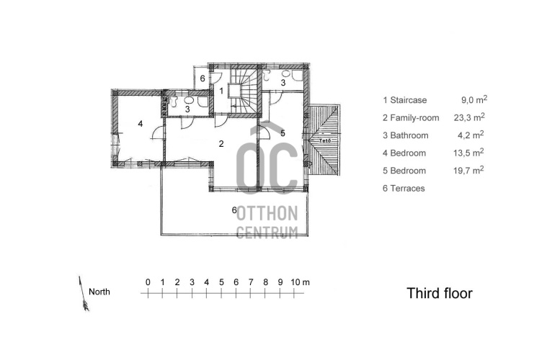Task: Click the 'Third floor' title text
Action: pyautogui.click(x=440, y=293)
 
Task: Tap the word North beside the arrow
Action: pyautogui.click(x=99, y=292)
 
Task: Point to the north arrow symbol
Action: pyautogui.click(x=84, y=294)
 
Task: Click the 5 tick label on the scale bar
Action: pyautogui.click(x=221, y=282)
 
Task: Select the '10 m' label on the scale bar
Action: pyautogui.click(x=300, y=282)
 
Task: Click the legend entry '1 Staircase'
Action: pyautogui.click(x=404, y=100)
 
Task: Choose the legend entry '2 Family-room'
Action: pyautogui.click(x=411, y=118)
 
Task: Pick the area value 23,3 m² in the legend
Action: pyautogui.click(x=469, y=117)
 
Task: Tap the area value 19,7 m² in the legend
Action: pyautogui.click(x=468, y=170)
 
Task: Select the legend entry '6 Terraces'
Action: pyautogui.click(x=404, y=188)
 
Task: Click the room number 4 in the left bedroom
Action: pyautogui.click(x=141, y=124)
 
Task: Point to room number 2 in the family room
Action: pyautogui.click(x=221, y=143)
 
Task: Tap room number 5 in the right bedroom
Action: pyautogui.click(x=282, y=133)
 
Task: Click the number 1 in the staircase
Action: pyautogui.click(x=221, y=91)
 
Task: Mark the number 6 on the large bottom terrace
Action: pyautogui.click(x=234, y=210)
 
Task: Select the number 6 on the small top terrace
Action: pyautogui.click(x=203, y=78)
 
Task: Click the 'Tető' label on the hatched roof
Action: pyautogui.click(x=324, y=140)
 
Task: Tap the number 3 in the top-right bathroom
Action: pyautogui.click(x=282, y=82)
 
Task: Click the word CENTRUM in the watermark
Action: pyautogui.click(x=267, y=232)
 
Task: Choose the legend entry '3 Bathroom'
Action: pyautogui.click(x=405, y=135)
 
